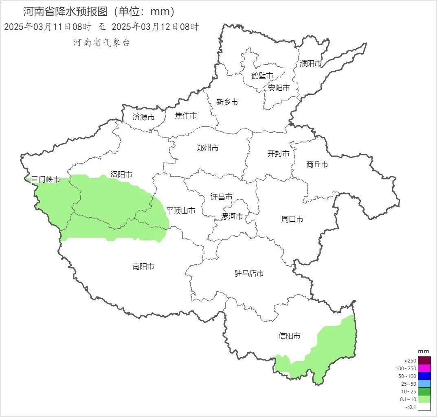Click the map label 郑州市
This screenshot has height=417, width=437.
pyautogui.click(x=207, y=148)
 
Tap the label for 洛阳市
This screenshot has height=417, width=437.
pyautogui.click(x=121, y=174)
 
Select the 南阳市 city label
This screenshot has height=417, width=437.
pyautogui.click(x=143, y=266)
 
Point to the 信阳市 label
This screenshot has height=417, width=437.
pyautogui.click(x=290, y=336)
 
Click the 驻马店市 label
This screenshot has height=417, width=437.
pyautogui.click(x=249, y=273)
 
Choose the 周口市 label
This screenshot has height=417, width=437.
pyautogui.click(x=292, y=219)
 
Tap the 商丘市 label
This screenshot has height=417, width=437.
pyautogui.click(x=317, y=164)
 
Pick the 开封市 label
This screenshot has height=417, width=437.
pyautogui.click(x=279, y=154)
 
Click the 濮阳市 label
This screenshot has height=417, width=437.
pyautogui.click(x=311, y=63)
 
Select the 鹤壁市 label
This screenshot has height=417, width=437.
pyautogui.click(x=262, y=76)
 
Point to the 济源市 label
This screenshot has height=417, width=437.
pyautogui.click(x=144, y=117)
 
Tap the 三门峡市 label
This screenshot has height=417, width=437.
pyautogui.click(x=46, y=179)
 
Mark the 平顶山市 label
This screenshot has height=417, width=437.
pyautogui.click(x=181, y=211)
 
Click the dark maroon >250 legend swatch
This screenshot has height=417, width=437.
pyautogui.click(x=424, y=360)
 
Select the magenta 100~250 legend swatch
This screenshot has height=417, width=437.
pyautogui.click(x=424, y=368)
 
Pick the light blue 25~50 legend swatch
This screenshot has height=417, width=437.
pyautogui.click(x=424, y=384)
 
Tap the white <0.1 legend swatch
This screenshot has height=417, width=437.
pyautogui.click(x=424, y=407)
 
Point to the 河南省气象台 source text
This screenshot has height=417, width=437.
pyautogui.click(x=102, y=42)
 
